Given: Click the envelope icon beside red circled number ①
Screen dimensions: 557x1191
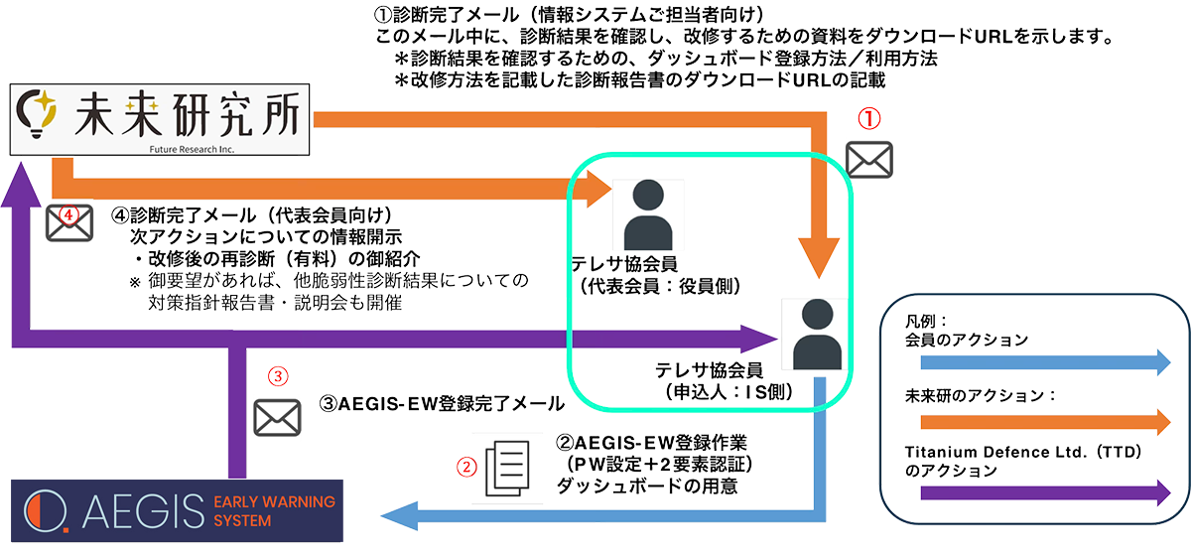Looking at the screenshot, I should coord(868,159).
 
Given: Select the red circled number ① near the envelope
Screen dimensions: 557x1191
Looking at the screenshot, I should coord(868,120).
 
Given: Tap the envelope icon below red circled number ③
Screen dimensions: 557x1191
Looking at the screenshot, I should coord(277,416).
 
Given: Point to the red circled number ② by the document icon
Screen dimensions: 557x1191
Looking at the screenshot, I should coord(463,466).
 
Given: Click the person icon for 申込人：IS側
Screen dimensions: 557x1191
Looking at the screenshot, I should coord(820,335).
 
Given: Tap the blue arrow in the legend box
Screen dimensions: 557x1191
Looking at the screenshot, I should coord(1038,362).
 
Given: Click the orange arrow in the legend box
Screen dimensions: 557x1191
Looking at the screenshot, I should coord(1038,422).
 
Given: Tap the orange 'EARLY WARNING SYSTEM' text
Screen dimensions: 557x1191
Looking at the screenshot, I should coord(274,510).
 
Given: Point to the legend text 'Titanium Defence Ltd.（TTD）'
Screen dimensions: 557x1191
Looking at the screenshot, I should coord(1021,452).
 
